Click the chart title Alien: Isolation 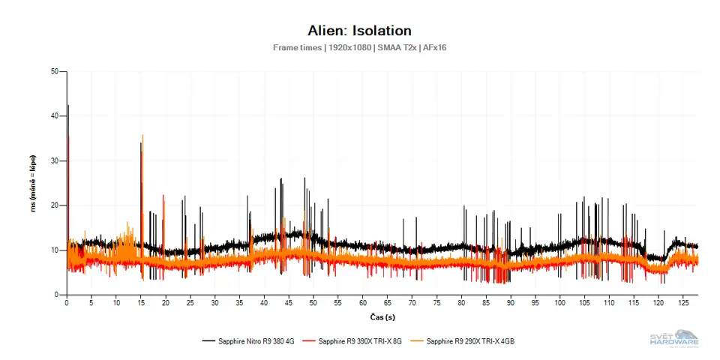(x=359, y=31)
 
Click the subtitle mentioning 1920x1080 (x=359, y=47)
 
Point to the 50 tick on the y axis (x=54, y=72)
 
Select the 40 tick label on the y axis (x=54, y=116)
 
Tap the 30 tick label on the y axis (x=54, y=160)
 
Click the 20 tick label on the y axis (x=54, y=205)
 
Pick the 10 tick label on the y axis (x=54, y=250)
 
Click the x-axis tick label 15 (x=141, y=304)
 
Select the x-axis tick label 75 (x=436, y=304)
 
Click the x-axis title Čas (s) (x=382, y=316)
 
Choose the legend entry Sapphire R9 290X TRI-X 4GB (x=469, y=341)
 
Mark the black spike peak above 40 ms (x=67, y=106)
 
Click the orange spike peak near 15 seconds (x=142, y=136)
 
